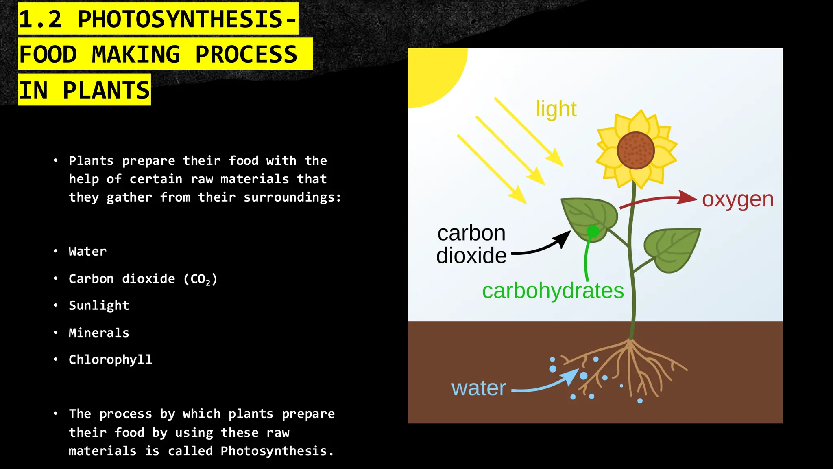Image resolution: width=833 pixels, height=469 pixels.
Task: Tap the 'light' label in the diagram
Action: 556,109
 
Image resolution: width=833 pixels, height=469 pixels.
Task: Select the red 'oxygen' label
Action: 737,199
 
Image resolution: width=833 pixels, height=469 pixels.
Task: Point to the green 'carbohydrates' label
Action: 553,291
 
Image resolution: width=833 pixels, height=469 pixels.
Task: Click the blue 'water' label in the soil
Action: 478,388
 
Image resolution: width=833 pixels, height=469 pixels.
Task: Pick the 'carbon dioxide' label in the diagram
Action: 471,244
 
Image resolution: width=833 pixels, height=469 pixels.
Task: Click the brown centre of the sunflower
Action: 635,150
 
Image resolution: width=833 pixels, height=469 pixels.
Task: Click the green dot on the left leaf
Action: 593,232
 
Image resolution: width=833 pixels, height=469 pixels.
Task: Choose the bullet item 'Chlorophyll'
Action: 110,359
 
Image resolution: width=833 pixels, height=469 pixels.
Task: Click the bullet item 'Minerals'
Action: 99,333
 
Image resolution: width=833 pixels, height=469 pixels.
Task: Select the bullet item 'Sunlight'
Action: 99,305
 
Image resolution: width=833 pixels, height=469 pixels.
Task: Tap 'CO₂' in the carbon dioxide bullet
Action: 201,279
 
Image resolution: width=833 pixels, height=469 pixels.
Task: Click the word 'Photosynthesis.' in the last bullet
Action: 277,451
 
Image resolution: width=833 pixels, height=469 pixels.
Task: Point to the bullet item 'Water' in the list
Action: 87,251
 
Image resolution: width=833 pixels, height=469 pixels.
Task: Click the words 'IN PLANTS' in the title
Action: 85,90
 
